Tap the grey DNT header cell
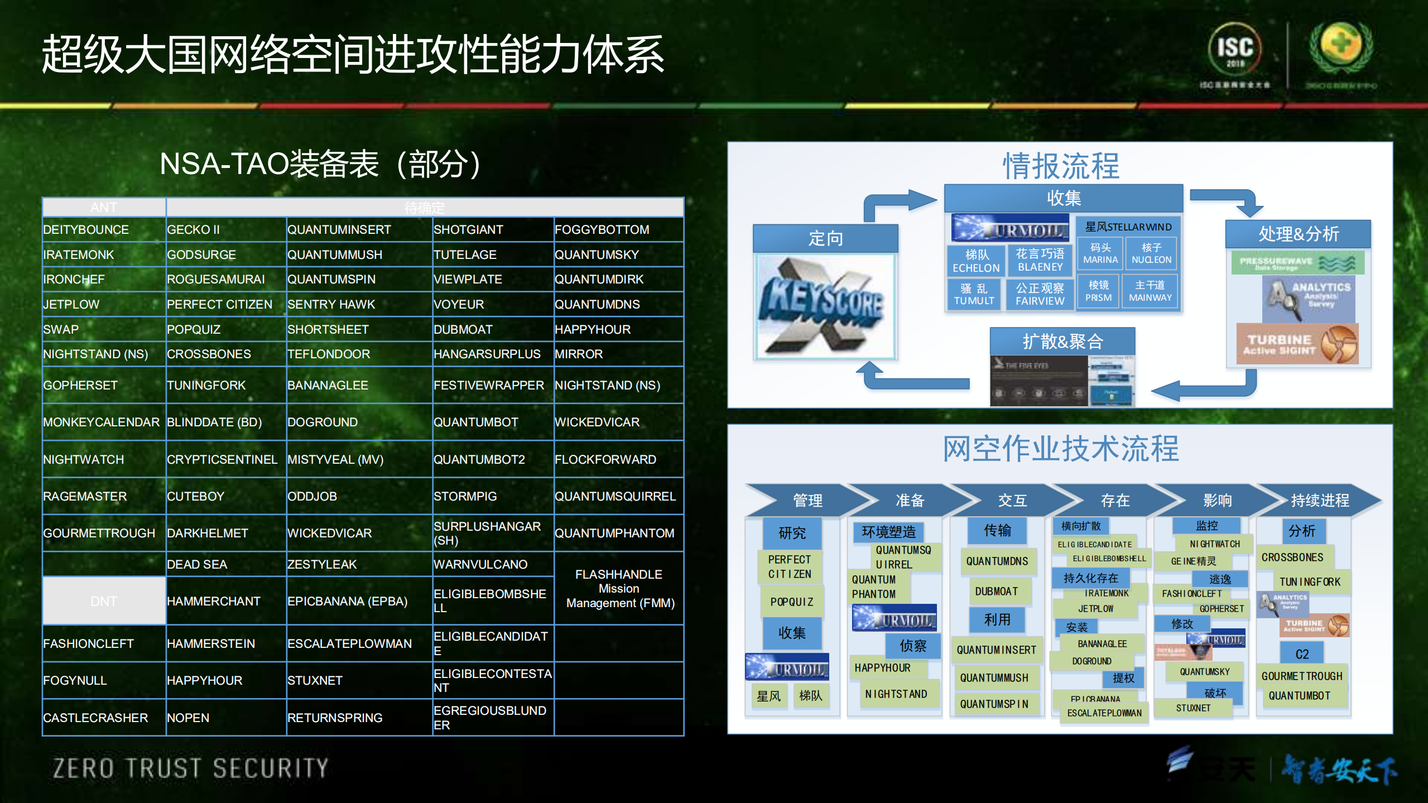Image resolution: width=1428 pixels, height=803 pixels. [x=104, y=601]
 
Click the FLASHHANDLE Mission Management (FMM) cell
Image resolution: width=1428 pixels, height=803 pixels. [x=619, y=589]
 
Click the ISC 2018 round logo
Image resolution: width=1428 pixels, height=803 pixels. [x=1235, y=50]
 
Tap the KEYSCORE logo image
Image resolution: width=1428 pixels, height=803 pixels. [x=824, y=306]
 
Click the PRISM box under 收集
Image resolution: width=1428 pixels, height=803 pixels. [x=1098, y=291]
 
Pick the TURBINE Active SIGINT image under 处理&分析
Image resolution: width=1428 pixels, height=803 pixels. [x=1296, y=344]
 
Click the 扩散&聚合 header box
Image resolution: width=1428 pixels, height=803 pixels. [x=1062, y=341]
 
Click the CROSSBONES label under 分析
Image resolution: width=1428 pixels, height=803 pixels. [x=1292, y=557]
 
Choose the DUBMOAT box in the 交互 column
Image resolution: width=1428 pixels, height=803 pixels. [x=996, y=591]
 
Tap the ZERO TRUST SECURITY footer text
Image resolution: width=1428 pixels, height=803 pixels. [x=191, y=768]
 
